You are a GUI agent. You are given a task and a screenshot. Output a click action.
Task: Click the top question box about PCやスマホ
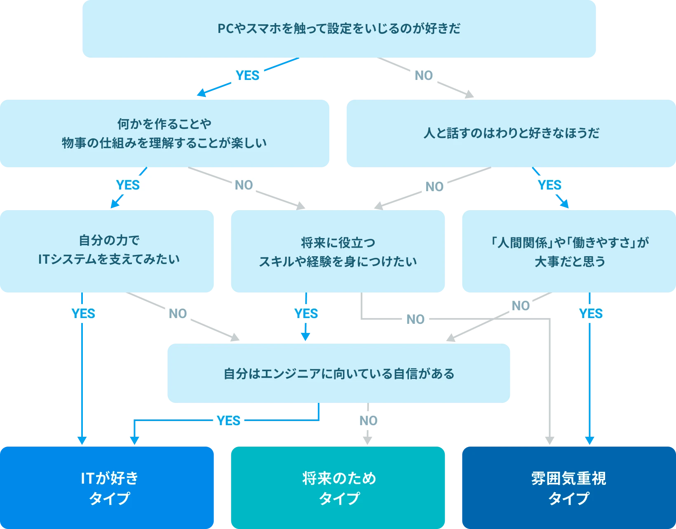pos(339,29)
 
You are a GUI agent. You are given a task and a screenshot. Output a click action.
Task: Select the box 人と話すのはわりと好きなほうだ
pos(511,133)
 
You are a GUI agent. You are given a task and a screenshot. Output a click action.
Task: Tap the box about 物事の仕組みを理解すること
pos(164,133)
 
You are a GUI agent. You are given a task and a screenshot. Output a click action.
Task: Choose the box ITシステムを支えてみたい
pos(107,250)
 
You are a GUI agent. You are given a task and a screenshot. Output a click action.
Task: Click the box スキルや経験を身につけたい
pos(338,251)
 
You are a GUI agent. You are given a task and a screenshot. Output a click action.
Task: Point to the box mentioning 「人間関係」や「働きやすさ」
pos(569,251)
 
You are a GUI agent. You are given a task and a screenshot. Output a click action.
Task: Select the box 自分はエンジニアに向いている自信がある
pos(338,374)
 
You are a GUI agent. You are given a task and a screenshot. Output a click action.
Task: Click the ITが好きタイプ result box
pos(107,487)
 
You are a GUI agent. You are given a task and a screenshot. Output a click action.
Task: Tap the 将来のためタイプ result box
pos(338,487)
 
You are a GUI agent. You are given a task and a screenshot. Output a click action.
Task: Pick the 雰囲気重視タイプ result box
pos(569,487)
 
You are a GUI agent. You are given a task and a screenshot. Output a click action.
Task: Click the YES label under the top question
pos(248,75)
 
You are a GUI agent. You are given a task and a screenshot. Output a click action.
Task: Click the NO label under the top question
pos(423,75)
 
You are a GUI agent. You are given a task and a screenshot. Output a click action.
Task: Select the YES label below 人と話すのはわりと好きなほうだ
pos(549,185)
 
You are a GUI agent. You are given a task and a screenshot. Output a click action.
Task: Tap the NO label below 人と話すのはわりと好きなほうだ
pos(434,187)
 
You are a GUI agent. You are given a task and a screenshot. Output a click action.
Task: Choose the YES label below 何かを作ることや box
pos(128,185)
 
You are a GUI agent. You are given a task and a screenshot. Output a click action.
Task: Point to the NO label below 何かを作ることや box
pos(244,185)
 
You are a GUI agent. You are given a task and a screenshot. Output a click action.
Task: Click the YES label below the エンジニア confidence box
pos(229,421)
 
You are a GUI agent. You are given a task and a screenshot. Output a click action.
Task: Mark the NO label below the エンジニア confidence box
pos(368,421)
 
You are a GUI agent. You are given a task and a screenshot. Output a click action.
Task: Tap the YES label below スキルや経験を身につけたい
pos(306,314)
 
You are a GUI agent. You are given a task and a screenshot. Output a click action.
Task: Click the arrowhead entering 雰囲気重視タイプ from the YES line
pos(589,440)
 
